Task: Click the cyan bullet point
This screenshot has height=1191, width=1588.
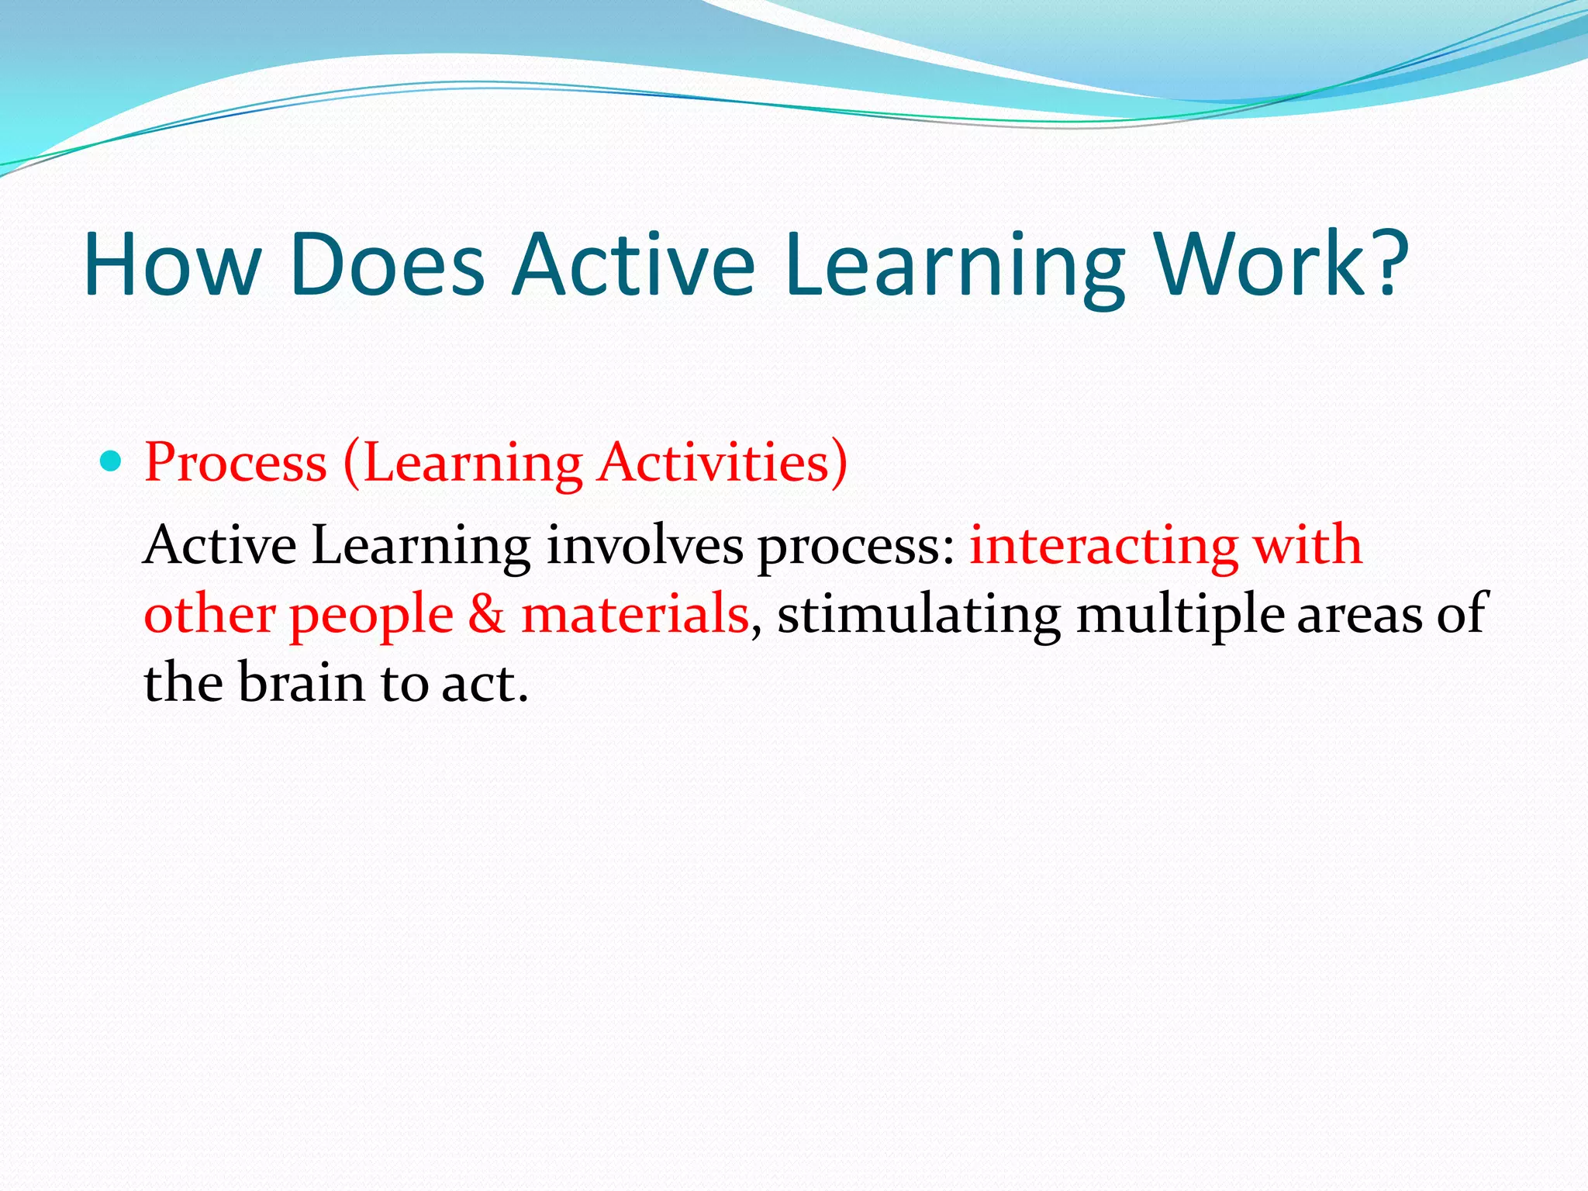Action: (112, 462)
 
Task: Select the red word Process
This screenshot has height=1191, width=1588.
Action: (236, 463)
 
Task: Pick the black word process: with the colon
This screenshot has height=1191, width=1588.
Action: (856, 547)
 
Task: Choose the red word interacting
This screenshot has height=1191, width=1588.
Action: (1103, 547)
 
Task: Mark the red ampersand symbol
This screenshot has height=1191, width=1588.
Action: (486, 614)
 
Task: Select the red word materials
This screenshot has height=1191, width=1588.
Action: (635, 613)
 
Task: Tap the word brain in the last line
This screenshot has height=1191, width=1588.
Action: (301, 682)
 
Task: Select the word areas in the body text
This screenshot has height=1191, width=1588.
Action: (1359, 614)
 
